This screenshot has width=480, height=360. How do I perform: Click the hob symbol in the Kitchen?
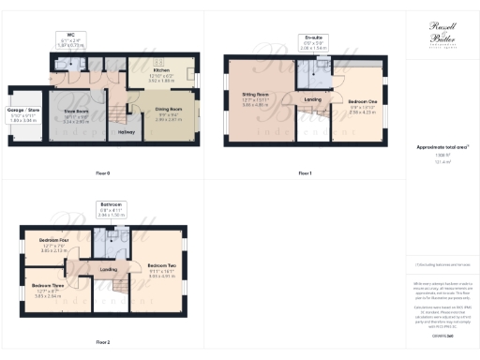pos(158,61)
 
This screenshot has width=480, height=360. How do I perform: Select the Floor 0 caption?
pos(102,174)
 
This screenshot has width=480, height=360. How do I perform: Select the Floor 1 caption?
pos(305,174)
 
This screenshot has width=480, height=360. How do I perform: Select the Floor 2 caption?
pos(102,342)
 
